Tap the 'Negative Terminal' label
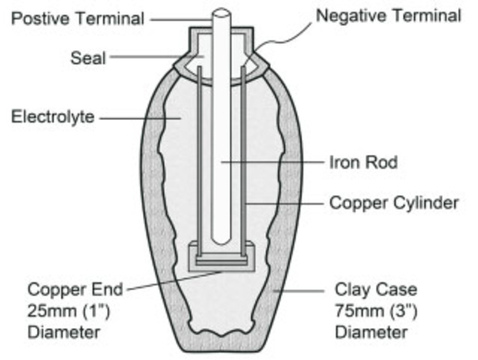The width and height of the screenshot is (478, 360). tap(388, 16)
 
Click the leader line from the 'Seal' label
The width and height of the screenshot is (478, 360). tap(154, 57)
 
